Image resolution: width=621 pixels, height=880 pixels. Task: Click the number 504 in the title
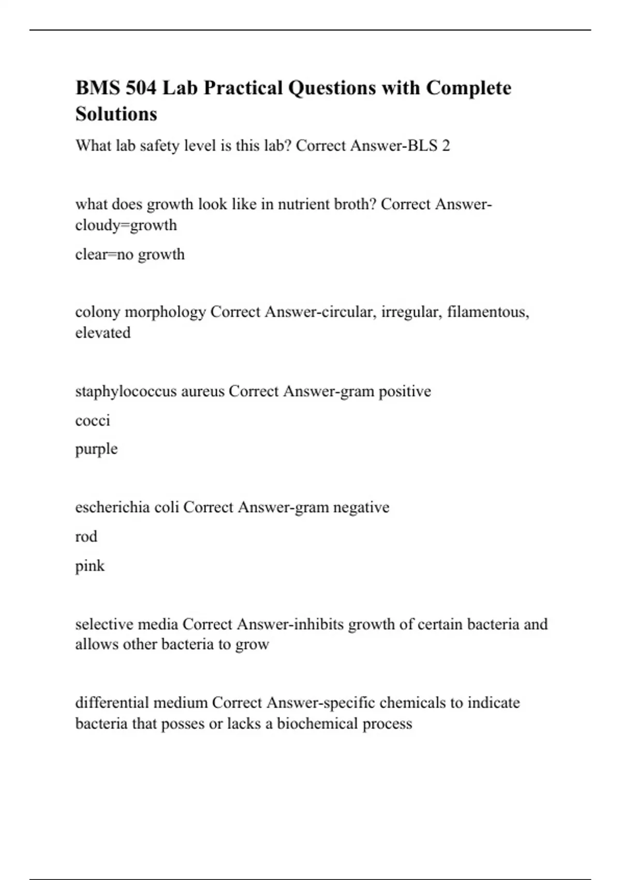[140, 88]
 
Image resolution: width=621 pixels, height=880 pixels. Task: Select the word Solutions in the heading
[116, 114]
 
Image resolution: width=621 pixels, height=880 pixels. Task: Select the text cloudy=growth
[126, 225]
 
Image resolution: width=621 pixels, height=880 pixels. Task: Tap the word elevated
[102, 333]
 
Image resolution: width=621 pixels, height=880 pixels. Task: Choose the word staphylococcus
[126, 391]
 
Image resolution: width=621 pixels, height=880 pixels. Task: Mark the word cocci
[93, 420]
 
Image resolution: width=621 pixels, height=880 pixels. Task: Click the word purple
[96, 449]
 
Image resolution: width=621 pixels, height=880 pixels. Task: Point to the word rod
[86, 536]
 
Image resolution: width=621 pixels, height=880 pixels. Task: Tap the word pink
[90, 566]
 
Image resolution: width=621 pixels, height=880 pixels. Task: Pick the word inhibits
[319, 624]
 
